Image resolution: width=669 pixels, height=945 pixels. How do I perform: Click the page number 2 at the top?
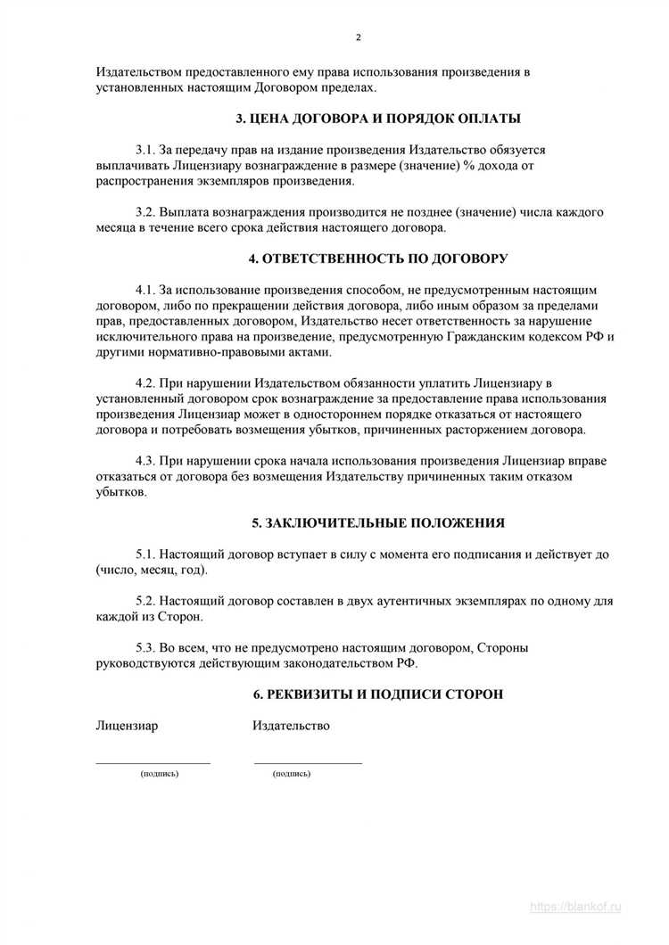(359, 37)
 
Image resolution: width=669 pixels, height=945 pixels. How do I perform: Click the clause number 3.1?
(145, 150)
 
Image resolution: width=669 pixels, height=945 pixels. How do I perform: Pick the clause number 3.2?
(145, 213)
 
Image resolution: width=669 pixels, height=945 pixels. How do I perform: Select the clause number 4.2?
(145, 383)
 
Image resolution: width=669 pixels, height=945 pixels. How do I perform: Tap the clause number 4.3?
(145, 461)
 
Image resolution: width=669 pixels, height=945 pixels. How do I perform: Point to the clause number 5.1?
(145, 555)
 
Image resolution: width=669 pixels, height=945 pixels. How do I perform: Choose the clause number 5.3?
(145, 648)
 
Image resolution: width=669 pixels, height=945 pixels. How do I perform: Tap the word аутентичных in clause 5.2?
(397, 602)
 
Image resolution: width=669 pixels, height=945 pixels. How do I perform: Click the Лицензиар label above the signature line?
(127, 726)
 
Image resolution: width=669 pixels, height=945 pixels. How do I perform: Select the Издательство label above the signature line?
(291, 726)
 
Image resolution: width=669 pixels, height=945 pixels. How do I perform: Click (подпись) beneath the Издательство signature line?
(292, 774)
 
